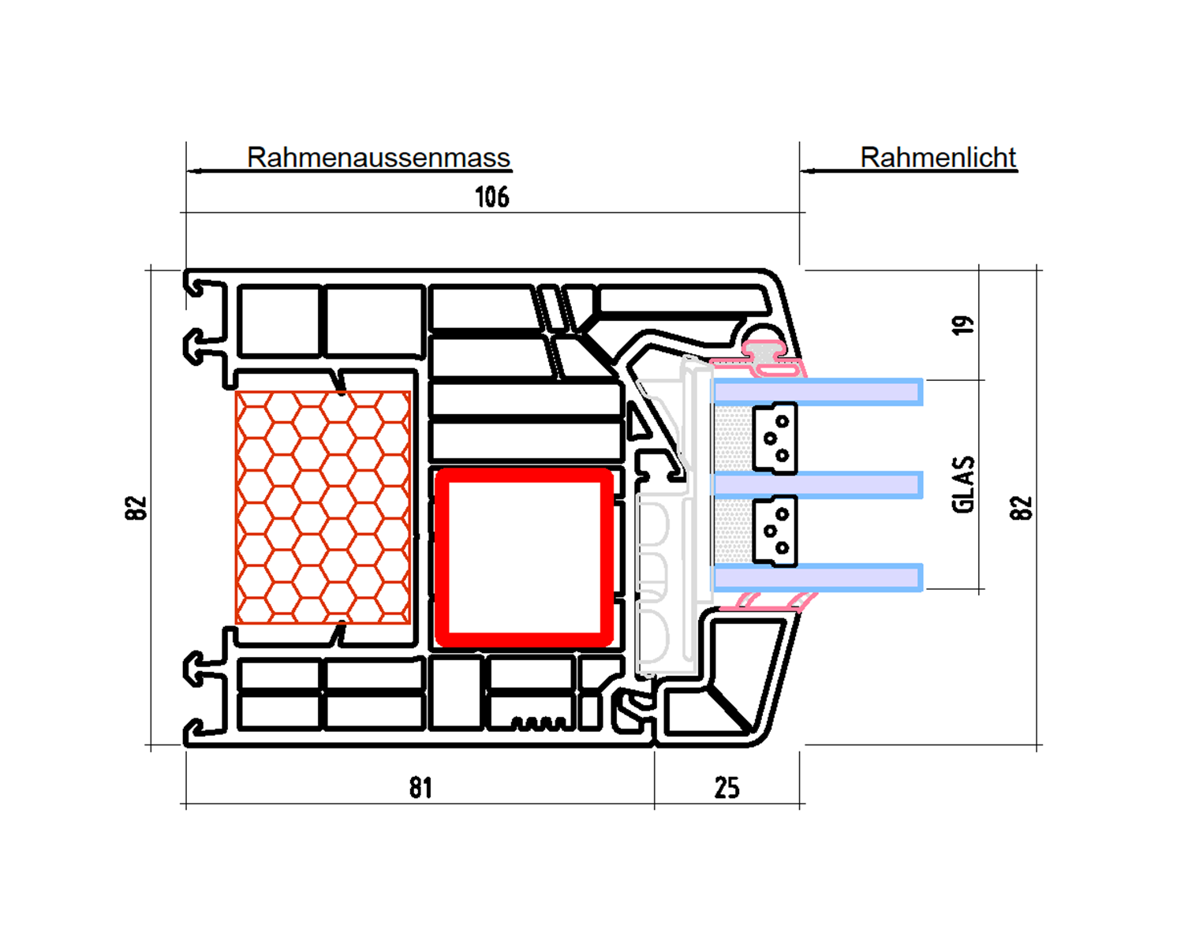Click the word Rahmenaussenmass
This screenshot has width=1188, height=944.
(378, 158)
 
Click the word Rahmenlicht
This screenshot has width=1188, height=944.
(938, 158)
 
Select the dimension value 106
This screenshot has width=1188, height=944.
(492, 197)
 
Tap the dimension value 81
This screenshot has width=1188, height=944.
(420, 788)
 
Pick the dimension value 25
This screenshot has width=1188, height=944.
(727, 788)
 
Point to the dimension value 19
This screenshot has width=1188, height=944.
(962, 325)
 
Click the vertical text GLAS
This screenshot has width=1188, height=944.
(963, 484)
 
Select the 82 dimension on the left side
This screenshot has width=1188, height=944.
(136, 508)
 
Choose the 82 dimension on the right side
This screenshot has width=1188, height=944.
(1021, 508)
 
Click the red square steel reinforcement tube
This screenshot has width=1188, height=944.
(442, 558)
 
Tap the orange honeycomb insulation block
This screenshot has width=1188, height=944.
(323, 508)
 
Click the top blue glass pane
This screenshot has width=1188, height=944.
(817, 392)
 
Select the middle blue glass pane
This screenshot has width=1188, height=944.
(817, 485)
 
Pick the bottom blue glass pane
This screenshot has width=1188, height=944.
(817, 577)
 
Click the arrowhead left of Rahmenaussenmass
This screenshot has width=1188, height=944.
(194, 171)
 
